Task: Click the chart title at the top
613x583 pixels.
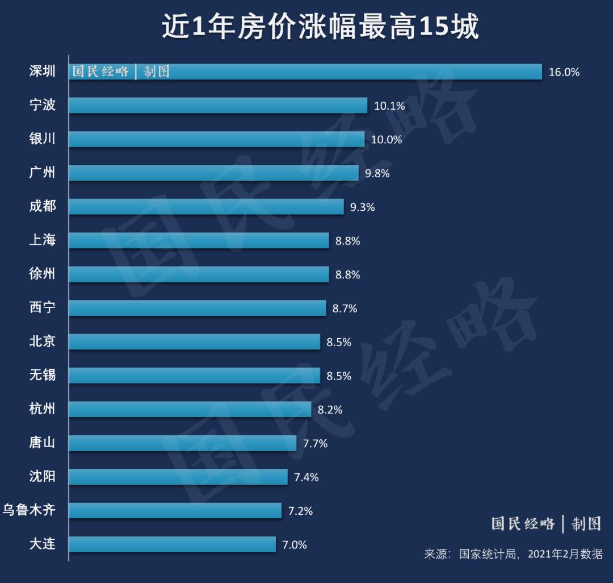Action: click(320, 27)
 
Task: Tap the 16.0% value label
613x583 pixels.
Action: click(564, 72)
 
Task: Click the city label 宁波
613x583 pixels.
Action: click(43, 105)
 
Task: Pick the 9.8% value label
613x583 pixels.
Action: click(377, 173)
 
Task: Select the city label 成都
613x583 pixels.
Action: click(43, 206)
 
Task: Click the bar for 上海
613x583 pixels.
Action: click(199, 240)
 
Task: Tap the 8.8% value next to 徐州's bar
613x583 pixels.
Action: click(347, 274)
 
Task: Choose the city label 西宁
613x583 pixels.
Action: click(43, 308)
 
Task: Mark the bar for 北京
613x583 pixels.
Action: click(195, 342)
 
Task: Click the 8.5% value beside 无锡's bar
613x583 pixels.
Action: click(339, 376)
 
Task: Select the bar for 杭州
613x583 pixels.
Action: click(190, 409)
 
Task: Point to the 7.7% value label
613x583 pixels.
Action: click(315, 443)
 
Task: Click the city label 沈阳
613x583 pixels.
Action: click(43, 476)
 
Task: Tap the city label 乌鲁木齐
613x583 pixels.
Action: click(29, 510)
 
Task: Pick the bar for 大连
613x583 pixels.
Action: click(173, 544)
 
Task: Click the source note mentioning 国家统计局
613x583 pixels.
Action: click(513, 554)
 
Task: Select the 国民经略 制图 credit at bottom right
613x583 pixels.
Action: click(546, 523)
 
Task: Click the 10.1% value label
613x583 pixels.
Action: click(389, 106)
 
